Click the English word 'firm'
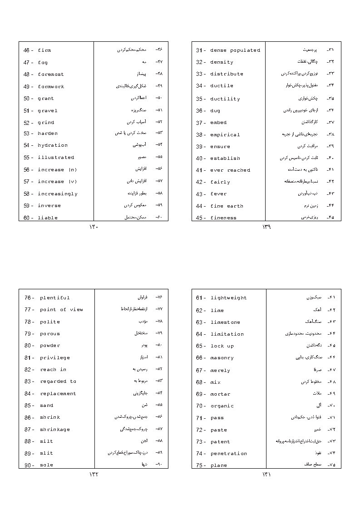pos(44,50)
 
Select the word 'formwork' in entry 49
pos(51,87)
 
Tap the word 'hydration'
pos(53,145)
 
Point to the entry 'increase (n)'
pos(57,170)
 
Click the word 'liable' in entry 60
pos(48,218)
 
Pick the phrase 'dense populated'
pos(235,50)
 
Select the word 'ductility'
pos(225,99)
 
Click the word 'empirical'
pos(225,135)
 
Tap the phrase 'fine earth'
pos(227,206)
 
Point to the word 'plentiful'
pos(55,298)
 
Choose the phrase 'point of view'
pos(61,310)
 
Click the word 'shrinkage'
pos(55,430)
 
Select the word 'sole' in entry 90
pos(46,465)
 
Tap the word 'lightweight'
pos(229,298)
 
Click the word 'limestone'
pos(225,322)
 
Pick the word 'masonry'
pos(222,358)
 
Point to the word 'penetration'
pos(229,454)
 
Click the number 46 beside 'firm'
pos(26,50)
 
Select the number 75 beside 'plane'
pos(199,465)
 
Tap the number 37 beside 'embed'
pos(199,123)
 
